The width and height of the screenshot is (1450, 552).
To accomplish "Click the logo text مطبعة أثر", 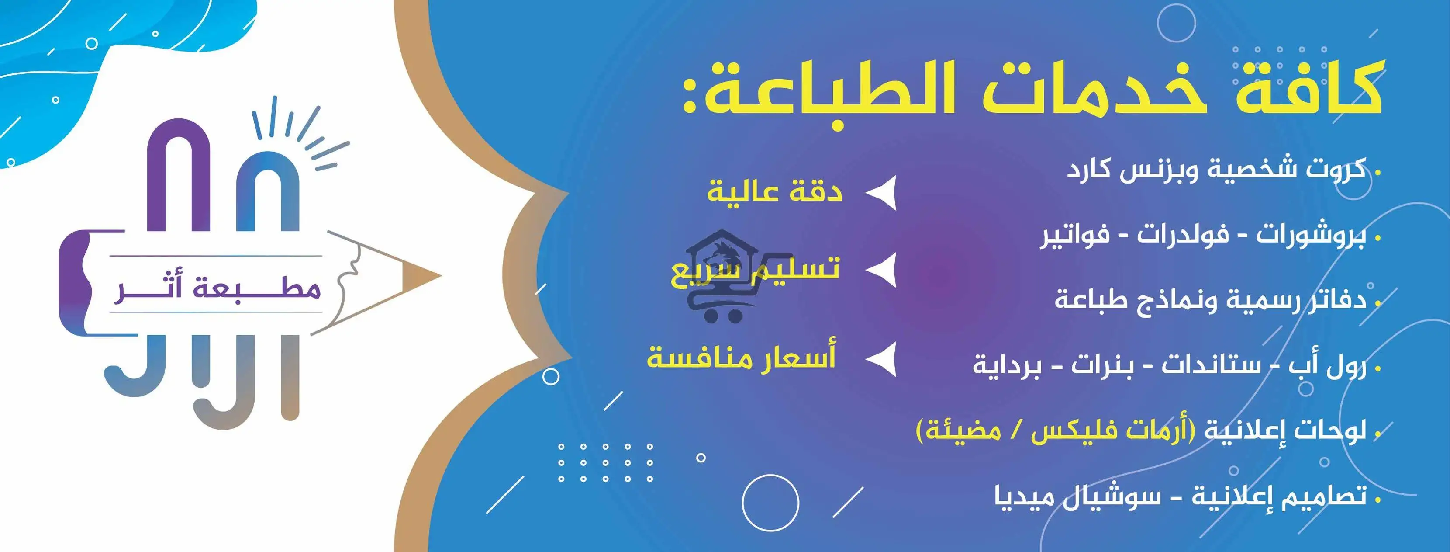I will (x=217, y=289).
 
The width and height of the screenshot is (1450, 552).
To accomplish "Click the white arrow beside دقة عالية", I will (x=882, y=193).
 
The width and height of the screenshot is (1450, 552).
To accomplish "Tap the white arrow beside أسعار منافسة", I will (x=882, y=358).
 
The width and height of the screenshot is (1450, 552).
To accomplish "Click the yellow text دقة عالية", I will (x=774, y=191).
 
